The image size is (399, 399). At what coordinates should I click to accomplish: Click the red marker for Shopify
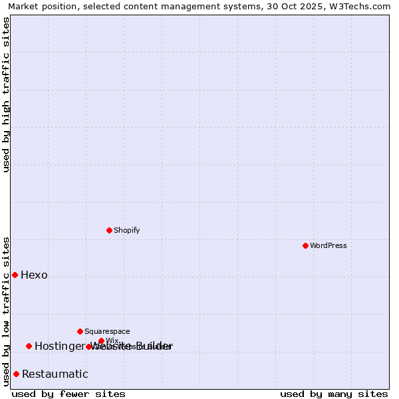point(109,230)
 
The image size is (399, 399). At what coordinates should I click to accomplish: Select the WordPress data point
point(305,245)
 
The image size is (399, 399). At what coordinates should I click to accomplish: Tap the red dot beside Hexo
point(15,275)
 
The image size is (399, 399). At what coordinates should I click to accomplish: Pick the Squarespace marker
point(80,331)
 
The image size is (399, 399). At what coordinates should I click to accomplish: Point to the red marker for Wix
point(101,340)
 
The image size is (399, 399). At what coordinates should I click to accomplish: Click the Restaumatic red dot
point(16,374)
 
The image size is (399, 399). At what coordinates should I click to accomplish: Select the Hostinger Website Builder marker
point(29,346)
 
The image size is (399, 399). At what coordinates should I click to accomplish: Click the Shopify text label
point(126,230)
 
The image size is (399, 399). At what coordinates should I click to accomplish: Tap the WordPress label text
point(328,245)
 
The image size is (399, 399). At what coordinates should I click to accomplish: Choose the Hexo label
point(34,275)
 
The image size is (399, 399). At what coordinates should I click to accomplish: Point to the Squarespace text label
point(107,331)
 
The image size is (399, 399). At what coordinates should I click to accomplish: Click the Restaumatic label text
point(55,374)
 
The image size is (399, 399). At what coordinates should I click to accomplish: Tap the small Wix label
point(112,340)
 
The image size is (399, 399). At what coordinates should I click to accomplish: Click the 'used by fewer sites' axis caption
point(68,394)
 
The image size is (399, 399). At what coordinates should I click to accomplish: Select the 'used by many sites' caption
point(334,394)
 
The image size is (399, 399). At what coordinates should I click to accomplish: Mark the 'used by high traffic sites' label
point(6,94)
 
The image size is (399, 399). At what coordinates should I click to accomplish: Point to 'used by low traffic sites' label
point(6,311)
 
